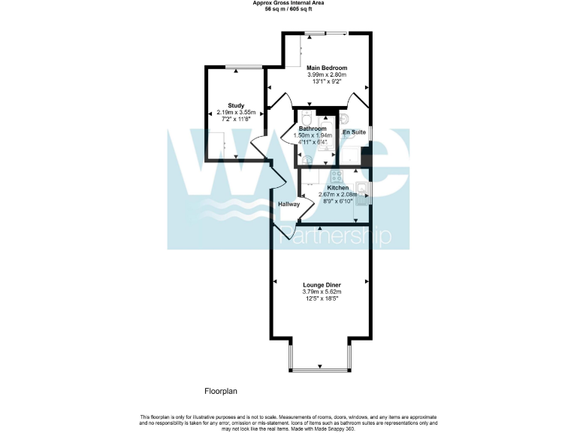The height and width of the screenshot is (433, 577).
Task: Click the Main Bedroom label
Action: [327, 68]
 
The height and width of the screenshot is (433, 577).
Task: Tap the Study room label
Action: [237, 105]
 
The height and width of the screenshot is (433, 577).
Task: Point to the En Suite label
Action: [354, 132]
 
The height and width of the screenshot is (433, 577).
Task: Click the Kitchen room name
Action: [337, 187]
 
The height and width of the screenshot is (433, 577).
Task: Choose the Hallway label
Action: [288, 204]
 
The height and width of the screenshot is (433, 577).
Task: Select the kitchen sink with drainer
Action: [361, 193]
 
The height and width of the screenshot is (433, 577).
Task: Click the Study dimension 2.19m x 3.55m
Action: [237, 113]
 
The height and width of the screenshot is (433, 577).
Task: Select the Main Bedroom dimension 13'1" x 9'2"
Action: [327, 81]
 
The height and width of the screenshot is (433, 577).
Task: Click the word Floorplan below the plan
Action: [221, 391]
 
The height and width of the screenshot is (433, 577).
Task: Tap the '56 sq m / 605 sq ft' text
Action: [288, 8]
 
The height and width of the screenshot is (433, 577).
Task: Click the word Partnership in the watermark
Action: [335, 238]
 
